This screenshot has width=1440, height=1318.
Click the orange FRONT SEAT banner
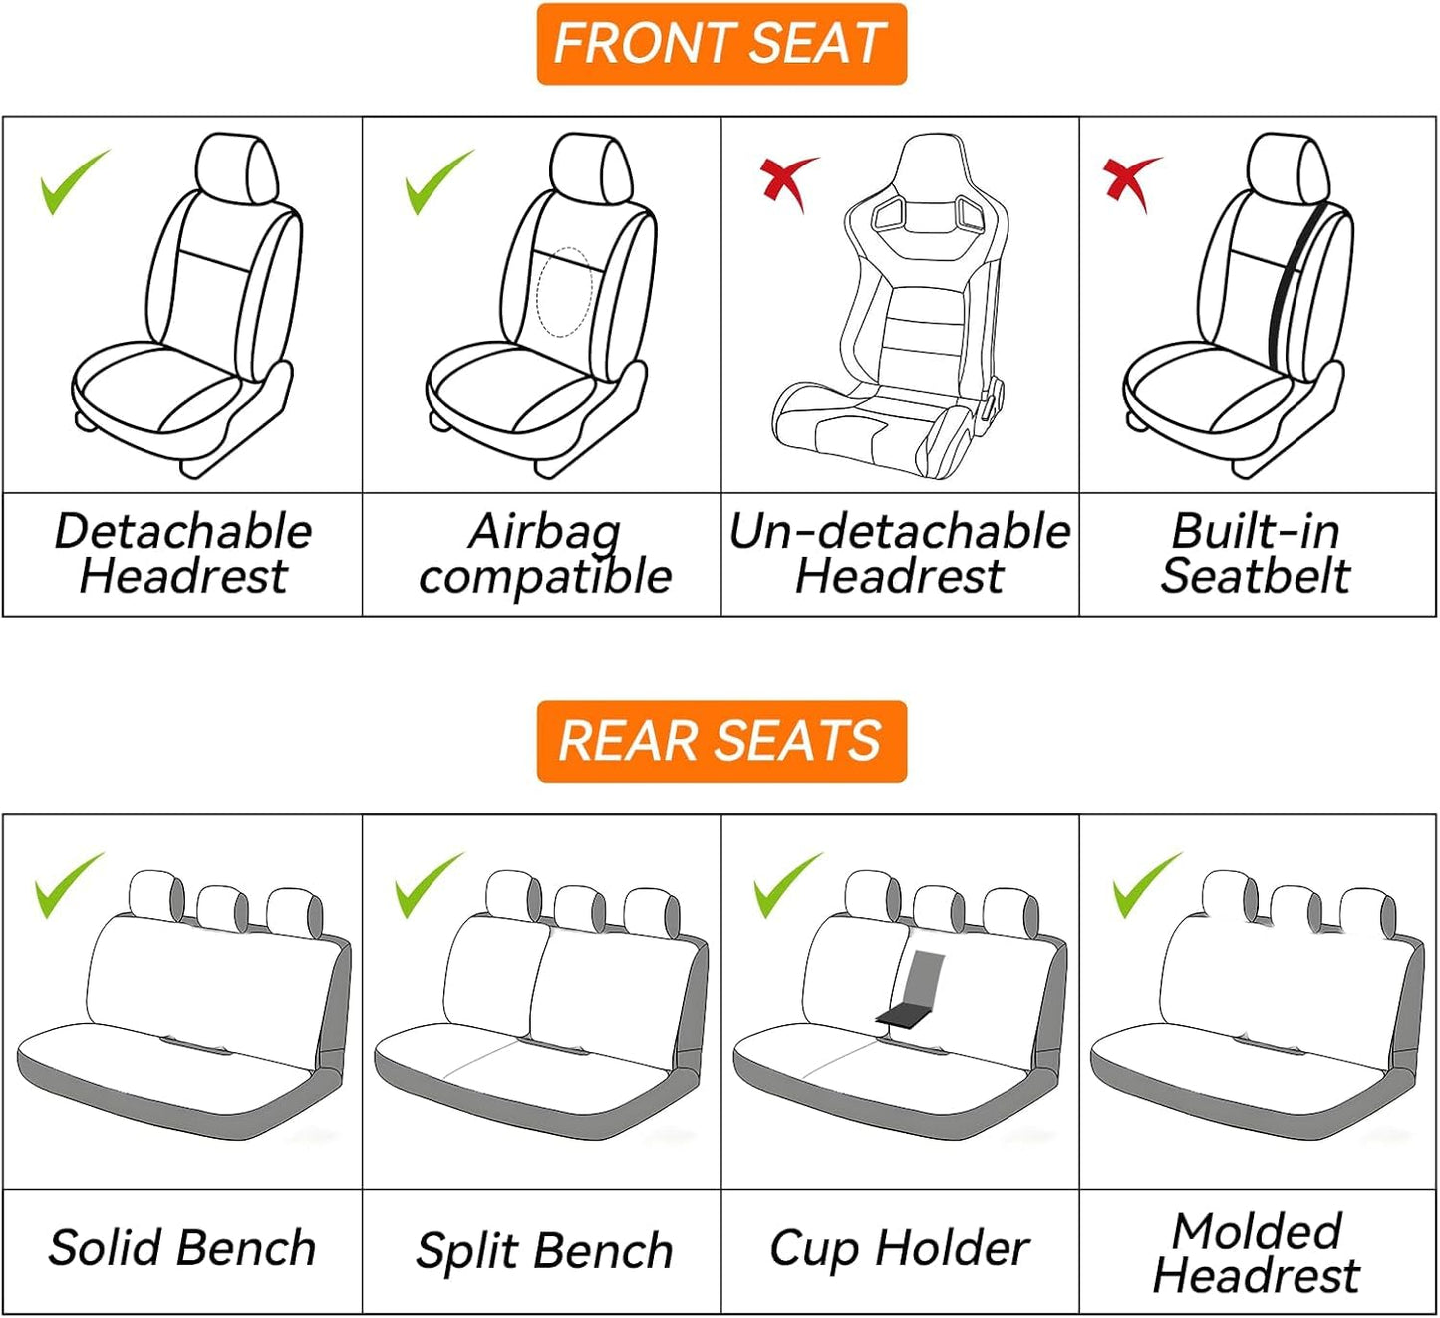click(x=720, y=44)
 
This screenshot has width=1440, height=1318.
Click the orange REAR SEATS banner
click(x=720, y=741)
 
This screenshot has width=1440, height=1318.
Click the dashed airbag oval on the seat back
click(x=564, y=292)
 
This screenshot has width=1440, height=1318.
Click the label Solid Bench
click(x=181, y=1248)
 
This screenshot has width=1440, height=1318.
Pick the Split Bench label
click(x=544, y=1250)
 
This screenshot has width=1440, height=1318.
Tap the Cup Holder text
click(x=899, y=1248)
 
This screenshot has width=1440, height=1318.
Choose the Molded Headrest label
click(x=1257, y=1253)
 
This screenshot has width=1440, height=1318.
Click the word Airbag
click(x=544, y=532)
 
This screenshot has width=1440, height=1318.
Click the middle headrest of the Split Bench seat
click(x=579, y=906)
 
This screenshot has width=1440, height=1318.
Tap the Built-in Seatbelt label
click(x=1256, y=554)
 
